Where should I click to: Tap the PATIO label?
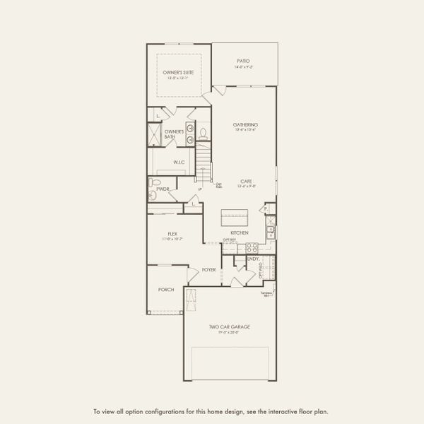pyautogui.click(x=243, y=61)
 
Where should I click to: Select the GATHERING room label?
pyautogui.click(x=245, y=124)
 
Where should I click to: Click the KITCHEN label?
pyautogui.click(x=238, y=232)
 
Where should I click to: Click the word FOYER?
pyautogui.click(x=208, y=270)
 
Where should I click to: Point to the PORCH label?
pyautogui.click(x=166, y=289)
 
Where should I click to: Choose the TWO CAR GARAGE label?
pyautogui.click(x=230, y=326)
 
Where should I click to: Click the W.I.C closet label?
pyautogui.click(x=179, y=162)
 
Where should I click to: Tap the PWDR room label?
pyautogui.click(x=163, y=189)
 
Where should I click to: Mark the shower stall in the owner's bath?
pyautogui.click(x=155, y=134)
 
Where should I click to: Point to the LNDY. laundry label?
pyautogui.click(x=252, y=259)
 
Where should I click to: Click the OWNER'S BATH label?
pyautogui.click(x=174, y=134)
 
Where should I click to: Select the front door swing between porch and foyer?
pyautogui.click(x=190, y=276)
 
